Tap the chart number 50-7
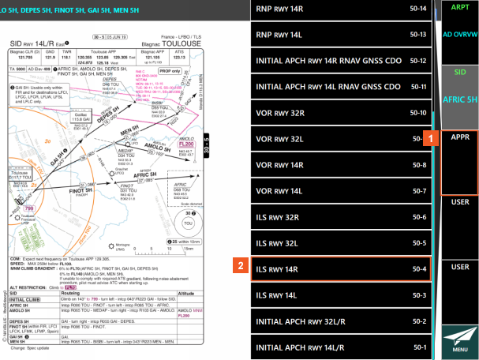[x=419, y=191]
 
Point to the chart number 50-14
[x=417, y=9]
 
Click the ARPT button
[x=459, y=6]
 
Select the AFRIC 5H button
[x=459, y=100]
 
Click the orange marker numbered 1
[x=432, y=137]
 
